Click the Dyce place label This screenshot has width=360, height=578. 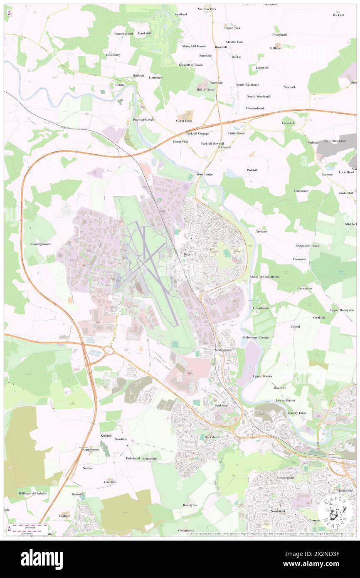click(x=187, y=254)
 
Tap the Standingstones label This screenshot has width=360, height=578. click(x=40, y=244)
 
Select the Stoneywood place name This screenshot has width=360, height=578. click(x=223, y=350)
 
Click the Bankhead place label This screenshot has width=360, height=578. click(x=222, y=405)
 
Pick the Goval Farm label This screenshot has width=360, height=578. click(x=184, y=121)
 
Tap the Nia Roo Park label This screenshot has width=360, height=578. click(x=207, y=9)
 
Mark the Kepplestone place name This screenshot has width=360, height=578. click(x=91, y=450)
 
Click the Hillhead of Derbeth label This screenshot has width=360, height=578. click(x=33, y=493)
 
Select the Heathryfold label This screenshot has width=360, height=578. click(x=286, y=478)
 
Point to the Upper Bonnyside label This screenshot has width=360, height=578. click(x=342, y=310)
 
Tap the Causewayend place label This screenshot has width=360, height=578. click(x=124, y=33)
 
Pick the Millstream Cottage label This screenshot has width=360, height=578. click(x=255, y=337)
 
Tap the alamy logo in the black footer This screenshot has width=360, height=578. click(x=42, y=559)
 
